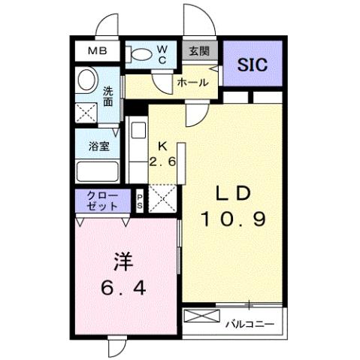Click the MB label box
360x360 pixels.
pos(98,52)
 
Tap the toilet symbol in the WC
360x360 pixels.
pos(141,54)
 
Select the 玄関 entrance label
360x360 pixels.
pos(198,52)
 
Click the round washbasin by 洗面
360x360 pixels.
pos(87,80)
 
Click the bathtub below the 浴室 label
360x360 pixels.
pos(96,172)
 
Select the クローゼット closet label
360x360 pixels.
pos(103,201)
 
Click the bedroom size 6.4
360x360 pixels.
pos(123,287)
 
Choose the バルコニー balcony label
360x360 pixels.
pos(251,325)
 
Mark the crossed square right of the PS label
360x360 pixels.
pos(162,198)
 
